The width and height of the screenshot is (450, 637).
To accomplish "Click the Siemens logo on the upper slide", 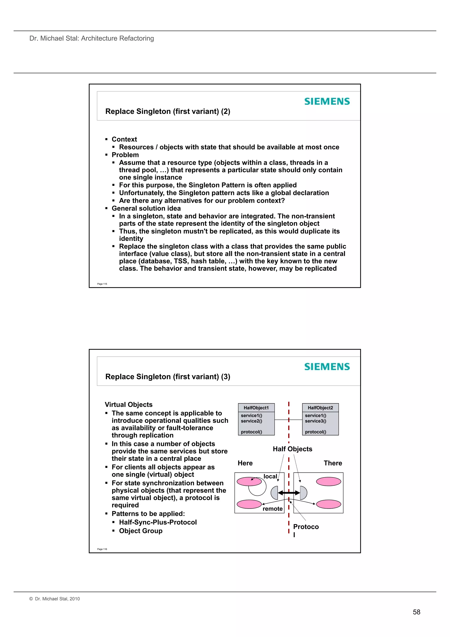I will pyautogui.click(x=327, y=102).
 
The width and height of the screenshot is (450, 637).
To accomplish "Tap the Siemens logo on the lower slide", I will pyautogui.click(x=327, y=367).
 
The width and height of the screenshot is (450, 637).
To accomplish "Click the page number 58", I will pyautogui.click(x=416, y=612).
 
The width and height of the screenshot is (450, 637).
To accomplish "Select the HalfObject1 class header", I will pyautogui.click(x=256, y=408).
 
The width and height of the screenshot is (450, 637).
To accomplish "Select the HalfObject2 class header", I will pyautogui.click(x=320, y=408).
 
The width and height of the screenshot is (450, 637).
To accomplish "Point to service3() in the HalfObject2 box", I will pyautogui.click(x=316, y=421).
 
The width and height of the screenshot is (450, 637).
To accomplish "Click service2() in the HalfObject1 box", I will pyautogui.click(x=252, y=421).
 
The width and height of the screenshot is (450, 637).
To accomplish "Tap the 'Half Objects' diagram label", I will pyautogui.click(x=292, y=449).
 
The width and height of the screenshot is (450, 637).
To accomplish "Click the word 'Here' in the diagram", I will pyautogui.click(x=245, y=463).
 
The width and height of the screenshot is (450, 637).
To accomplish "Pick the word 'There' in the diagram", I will pyautogui.click(x=333, y=463).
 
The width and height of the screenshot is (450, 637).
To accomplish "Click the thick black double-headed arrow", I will pyautogui.click(x=289, y=493).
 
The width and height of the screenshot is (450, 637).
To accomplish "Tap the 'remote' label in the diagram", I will pyautogui.click(x=272, y=509).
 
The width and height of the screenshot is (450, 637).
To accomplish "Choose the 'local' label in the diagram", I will pyautogui.click(x=270, y=476).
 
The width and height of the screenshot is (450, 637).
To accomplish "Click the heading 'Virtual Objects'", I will pyautogui.click(x=129, y=405).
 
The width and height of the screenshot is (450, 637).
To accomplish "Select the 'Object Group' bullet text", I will pyautogui.click(x=141, y=531).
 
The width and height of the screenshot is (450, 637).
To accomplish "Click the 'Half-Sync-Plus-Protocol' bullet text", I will pyautogui.click(x=158, y=522).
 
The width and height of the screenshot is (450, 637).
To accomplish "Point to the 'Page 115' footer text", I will pyautogui.click(x=102, y=284).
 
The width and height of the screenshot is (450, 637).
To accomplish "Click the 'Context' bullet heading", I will pyautogui.click(x=124, y=139).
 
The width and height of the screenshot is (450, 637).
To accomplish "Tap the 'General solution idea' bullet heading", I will pyautogui.click(x=146, y=208).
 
